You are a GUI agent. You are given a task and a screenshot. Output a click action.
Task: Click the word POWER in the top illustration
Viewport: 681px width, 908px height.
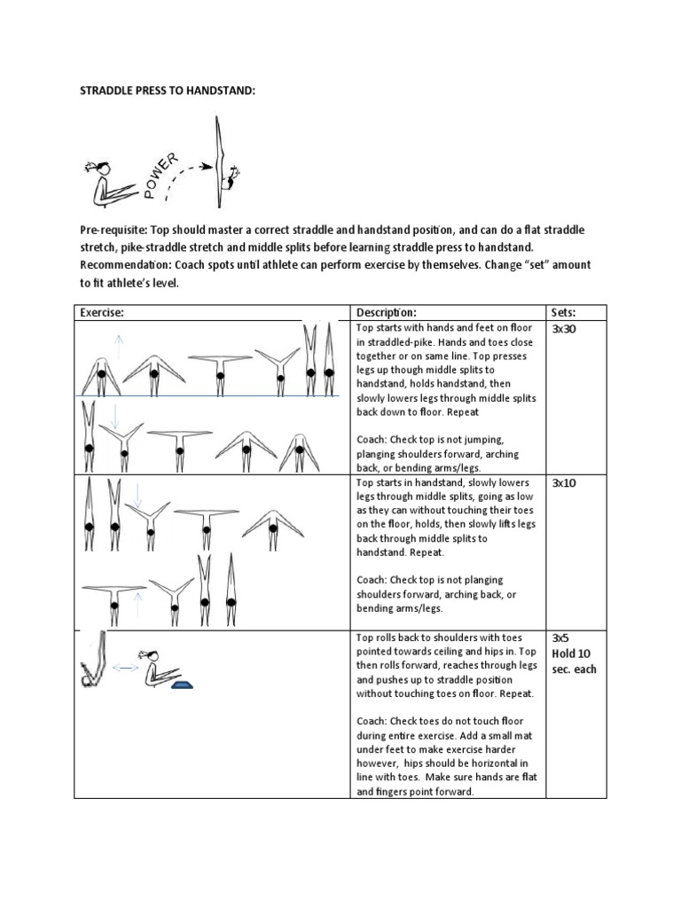tap(161, 172)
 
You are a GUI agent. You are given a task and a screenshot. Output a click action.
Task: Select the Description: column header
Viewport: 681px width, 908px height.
tap(386, 312)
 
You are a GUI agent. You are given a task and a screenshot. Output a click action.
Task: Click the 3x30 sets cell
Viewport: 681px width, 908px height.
tap(564, 329)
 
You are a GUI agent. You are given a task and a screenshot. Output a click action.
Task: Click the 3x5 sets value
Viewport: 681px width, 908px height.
tap(560, 638)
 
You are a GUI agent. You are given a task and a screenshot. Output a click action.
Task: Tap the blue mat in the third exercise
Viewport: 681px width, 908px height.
tap(183, 684)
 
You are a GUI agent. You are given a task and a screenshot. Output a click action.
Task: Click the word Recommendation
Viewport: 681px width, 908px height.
tap(130, 265)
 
